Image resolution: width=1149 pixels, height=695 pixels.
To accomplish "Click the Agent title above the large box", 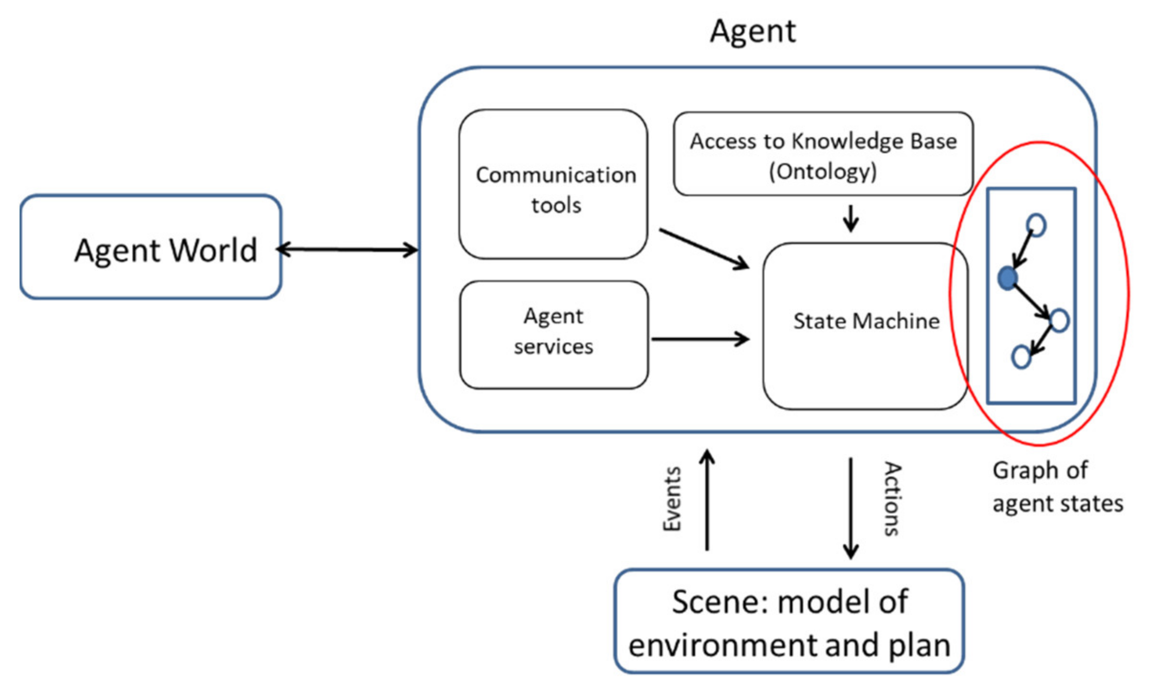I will coord(753,32).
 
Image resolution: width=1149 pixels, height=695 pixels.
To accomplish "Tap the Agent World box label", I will coord(166,250).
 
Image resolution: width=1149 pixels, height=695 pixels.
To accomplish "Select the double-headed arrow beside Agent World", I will coord(347,249).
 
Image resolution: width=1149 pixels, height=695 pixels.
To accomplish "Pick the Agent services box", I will coord(554,334).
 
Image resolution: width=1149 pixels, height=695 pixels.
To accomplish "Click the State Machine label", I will coord(866,321).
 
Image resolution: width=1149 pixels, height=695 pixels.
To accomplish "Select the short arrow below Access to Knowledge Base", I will coord(851,219).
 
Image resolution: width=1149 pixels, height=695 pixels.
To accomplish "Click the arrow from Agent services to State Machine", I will coord(700,339).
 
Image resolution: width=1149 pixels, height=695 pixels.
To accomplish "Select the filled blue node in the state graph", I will coord(1008,278).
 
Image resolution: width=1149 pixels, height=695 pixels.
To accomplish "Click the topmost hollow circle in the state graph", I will coord(1036,225).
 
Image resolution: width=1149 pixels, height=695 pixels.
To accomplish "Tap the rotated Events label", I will coord(672,499).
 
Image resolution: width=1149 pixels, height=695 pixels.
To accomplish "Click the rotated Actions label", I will coord(891,499).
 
